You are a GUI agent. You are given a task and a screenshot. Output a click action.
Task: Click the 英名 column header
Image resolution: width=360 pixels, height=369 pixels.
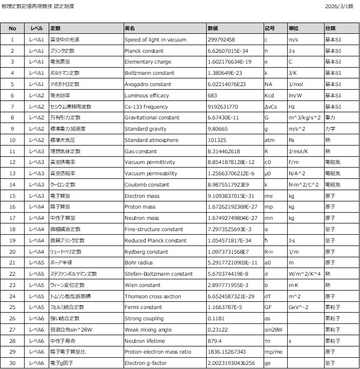[130, 28]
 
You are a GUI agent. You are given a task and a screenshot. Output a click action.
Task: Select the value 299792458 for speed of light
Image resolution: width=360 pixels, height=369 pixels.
[222, 39]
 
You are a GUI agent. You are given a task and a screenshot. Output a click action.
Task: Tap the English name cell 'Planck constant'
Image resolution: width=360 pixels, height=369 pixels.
[144, 51]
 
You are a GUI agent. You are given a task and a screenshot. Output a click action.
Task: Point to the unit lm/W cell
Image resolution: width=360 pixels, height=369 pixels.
[295, 96]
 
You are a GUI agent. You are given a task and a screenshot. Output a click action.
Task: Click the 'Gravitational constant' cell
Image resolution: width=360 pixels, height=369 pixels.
[151, 118]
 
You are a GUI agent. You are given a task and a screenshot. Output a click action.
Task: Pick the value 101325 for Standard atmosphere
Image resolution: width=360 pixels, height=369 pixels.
[217, 140]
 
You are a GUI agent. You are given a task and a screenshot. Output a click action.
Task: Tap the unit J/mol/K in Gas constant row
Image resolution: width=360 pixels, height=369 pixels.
[299, 152]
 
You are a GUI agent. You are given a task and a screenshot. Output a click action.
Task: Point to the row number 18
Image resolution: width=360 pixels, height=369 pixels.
[13, 230]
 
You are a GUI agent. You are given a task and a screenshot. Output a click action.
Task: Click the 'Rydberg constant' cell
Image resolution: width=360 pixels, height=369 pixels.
[146, 252]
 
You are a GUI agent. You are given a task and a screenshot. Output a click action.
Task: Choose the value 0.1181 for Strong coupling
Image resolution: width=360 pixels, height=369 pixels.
[215, 319]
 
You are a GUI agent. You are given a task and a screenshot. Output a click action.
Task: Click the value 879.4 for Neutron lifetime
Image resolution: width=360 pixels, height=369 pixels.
[214, 341]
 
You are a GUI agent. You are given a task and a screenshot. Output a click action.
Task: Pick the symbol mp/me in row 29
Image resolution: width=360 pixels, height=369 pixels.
[272, 352]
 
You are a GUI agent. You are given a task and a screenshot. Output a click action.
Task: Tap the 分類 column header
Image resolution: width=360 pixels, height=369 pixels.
[330, 28]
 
